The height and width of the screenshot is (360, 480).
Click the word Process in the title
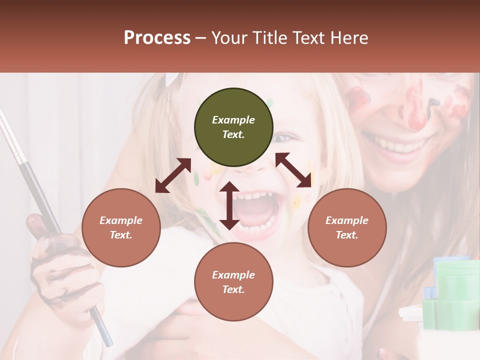point(157,38)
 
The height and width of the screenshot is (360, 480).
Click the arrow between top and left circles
point(173,175)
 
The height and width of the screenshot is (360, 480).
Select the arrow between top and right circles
point(293,170)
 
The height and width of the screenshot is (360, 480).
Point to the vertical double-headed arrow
point(229,205)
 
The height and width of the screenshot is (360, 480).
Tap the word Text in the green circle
point(233,134)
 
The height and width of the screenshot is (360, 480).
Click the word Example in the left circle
point(121,220)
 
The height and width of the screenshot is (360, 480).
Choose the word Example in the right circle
point(347,220)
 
